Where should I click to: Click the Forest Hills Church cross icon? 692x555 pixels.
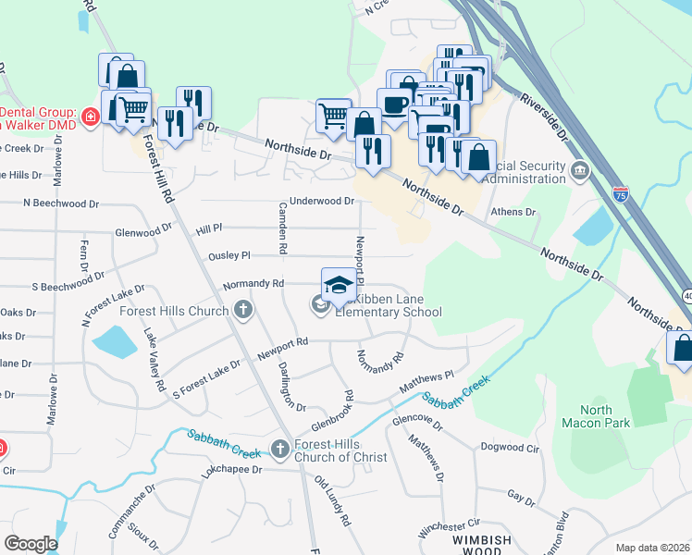[x=243, y=310]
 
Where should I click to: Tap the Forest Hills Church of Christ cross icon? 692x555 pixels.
[x=281, y=449]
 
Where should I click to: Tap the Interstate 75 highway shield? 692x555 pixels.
[x=621, y=194]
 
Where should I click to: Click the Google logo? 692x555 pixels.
[x=31, y=544]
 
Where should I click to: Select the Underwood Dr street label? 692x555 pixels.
[x=322, y=201]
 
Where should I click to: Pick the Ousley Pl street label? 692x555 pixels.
[x=229, y=255]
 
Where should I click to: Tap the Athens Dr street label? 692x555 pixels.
[x=513, y=212]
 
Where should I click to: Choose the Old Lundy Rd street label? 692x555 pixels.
[x=334, y=502]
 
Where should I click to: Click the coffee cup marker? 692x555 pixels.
[x=395, y=104]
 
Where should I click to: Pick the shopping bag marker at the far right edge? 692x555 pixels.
[x=682, y=348]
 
